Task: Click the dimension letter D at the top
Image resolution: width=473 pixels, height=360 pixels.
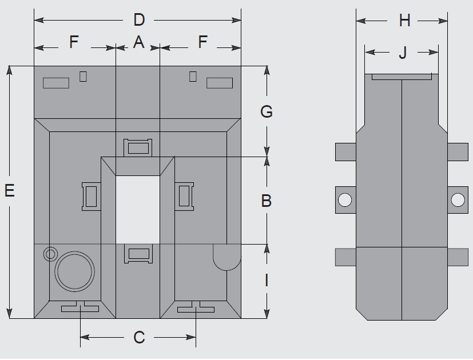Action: coord(139,20)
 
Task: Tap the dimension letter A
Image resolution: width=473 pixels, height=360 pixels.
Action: coord(138,42)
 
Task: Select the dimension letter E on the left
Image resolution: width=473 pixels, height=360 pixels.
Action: coord(9,190)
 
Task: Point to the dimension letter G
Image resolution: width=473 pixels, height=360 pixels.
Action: coord(267,111)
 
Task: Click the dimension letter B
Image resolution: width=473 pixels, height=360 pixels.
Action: coord(266,201)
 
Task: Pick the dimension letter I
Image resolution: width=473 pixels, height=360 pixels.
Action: coord(266,281)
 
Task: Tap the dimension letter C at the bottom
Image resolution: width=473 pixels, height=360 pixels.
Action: coord(139,338)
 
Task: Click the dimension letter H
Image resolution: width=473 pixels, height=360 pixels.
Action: coord(405,21)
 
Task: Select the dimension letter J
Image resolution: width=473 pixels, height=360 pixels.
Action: coord(403,53)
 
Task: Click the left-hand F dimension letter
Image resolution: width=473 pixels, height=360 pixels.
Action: coord(74,42)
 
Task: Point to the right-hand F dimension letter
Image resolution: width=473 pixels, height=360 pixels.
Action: coord(202,42)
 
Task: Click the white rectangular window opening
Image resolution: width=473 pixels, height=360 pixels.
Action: coord(138,209)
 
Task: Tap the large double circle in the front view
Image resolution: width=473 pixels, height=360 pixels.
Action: coord(74,270)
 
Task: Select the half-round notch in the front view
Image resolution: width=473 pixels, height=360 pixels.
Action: coord(226,257)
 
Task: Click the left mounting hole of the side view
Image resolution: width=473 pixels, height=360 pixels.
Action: coord(345,199)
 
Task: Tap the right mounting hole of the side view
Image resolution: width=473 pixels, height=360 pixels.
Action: coord(458,199)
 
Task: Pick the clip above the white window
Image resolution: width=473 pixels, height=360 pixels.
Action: coord(139,149)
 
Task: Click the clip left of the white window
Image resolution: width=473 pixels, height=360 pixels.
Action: coord(92,197)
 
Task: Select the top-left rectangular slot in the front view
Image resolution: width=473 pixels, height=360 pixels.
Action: coord(56,83)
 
